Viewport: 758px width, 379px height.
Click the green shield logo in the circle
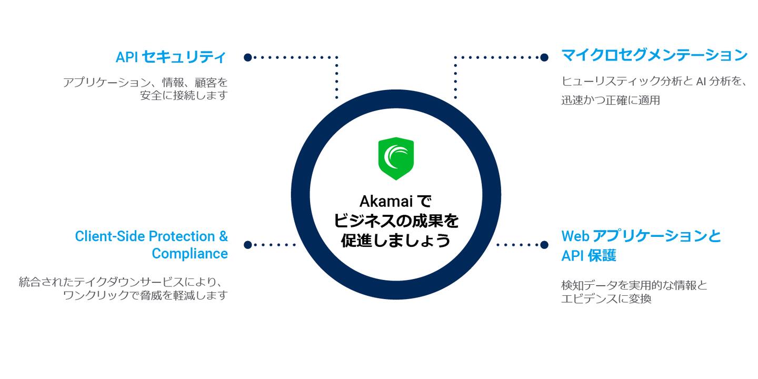(396, 158)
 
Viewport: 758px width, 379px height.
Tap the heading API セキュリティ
(171, 57)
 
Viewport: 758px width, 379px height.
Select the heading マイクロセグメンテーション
(654, 55)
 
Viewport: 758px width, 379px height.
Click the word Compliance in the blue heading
(189, 254)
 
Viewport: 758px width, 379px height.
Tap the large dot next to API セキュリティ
(248, 57)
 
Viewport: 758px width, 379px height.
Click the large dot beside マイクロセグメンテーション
(544, 57)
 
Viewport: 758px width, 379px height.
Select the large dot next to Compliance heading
(248, 245)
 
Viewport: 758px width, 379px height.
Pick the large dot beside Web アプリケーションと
(544, 245)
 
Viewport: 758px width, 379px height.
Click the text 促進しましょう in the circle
(395, 240)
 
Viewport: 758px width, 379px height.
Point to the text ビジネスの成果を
(396, 221)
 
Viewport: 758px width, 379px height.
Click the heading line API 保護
(588, 256)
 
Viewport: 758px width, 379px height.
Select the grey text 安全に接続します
(184, 96)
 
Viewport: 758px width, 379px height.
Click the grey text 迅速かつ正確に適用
(610, 100)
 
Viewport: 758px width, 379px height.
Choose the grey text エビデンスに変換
(606, 299)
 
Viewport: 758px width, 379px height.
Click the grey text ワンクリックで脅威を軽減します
(145, 295)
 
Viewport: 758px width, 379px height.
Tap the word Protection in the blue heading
(180, 236)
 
